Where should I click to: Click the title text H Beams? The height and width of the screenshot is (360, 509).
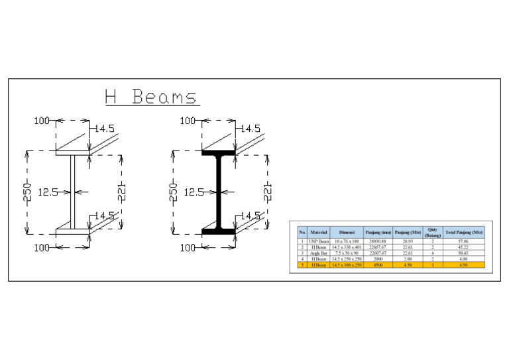click(151, 97)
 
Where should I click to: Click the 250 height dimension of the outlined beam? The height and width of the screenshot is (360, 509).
click(27, 192)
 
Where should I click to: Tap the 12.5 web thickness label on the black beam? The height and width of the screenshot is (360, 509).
click(194, 192)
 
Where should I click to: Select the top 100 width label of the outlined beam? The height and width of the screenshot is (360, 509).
click(42, 121)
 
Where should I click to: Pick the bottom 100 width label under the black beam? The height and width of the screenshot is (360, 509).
click(188, 247)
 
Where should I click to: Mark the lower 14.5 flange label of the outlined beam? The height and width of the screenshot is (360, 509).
click(105, 216)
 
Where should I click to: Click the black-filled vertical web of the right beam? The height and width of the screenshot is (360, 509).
click(217, 192)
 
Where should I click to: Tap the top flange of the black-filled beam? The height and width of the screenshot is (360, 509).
click(217, 154)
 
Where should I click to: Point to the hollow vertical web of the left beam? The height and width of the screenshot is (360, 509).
click(72, 192)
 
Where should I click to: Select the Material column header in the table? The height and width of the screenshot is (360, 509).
click(318, 233)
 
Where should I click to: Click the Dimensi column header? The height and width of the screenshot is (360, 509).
click(347, 233)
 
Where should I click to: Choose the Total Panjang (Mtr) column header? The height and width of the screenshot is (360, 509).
click(464, 233)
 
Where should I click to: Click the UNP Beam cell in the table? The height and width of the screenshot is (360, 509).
click(318, 242)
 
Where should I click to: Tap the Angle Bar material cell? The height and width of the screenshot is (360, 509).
click(318, 253)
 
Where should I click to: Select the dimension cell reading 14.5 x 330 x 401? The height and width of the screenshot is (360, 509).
click(347, 247)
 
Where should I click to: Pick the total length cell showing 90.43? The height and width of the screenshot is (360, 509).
click(464, 253)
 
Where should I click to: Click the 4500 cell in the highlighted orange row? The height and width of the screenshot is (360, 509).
click(378, 265)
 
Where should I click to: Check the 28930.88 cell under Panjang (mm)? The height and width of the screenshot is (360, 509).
click(378, 242)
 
